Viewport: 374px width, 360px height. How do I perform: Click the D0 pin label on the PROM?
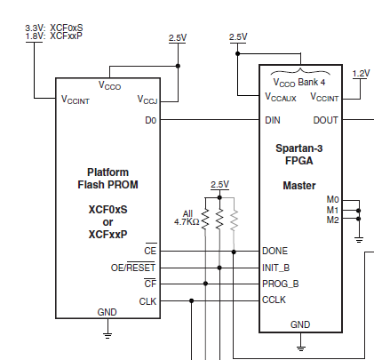(x=150, y=120)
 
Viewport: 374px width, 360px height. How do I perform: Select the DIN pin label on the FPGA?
(x=273, y=120)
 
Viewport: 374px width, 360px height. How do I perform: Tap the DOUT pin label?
(x=325, y=120)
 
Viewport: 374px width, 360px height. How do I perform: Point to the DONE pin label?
(x=275, y=251)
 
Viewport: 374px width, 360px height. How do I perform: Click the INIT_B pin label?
(x=275, y=268)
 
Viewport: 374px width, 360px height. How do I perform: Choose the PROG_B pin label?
(x=281, y=284)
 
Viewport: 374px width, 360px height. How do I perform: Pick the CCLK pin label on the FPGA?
(x=274, y=300)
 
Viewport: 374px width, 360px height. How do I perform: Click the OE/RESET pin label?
(x=133, y=268)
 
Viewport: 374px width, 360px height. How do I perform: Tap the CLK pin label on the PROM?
(x=147, y=301)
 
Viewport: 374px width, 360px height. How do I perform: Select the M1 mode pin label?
(x=332, y=210)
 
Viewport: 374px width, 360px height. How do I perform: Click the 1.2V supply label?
(x=361, y=74)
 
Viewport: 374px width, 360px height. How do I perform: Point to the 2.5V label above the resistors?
(x=219, y=185)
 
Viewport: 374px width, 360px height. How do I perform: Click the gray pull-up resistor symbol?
(x=234, y=220)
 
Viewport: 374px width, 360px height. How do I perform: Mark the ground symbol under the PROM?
(x=107, y=336)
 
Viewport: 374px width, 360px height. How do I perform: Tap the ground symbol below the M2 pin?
(x=359, y=240)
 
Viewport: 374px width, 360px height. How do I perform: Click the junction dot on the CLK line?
(x=192, y=301)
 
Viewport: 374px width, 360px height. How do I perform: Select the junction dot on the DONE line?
(x=234, y=252)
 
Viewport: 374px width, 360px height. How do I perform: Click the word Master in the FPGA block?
(x=299, y=186)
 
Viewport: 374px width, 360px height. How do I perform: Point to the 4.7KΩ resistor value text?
(x=187, y=221)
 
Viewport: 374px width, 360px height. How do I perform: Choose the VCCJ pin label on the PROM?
(x=147, y=100)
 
